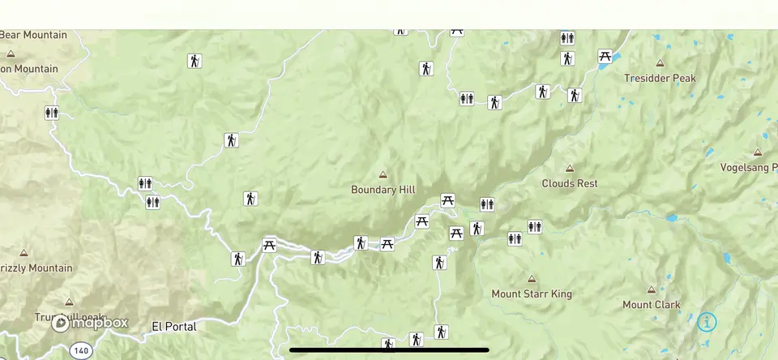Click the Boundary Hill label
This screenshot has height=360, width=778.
click(x=383, y=190)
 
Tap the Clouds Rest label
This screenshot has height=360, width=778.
click(x=570, y=183)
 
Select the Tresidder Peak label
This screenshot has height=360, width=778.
click(x=660, y=79)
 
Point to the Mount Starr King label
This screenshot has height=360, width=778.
click(x=532, y=294)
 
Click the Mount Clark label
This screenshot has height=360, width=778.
click(x=651, y=305)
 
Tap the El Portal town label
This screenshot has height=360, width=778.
click(x=174, y=327)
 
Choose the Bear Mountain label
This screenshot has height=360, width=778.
click(x=33, y=35)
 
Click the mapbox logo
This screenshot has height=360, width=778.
click(x=90, y=323)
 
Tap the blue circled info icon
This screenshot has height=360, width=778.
click(x=707, y=322)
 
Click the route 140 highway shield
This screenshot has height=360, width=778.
click(x=79, y=351)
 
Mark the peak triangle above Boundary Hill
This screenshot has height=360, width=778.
click(x=383, y=174)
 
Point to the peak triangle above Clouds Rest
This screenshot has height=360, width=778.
click(x=570, y=169)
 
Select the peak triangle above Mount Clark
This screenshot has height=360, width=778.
click(x=651, y=289)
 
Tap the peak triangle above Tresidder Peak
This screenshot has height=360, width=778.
click(x=660, y=63)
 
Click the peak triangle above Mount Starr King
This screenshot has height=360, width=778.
click(x=532, y=278)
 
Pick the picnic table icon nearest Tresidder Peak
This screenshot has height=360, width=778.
click(x=605, y=56)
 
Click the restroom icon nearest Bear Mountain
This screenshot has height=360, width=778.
click(x=52, y=113)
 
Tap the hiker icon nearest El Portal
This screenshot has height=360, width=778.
click(x=237, y=259)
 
